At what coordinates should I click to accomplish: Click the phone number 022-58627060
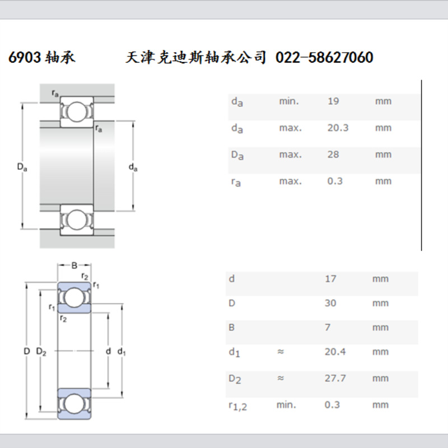coord(324,58)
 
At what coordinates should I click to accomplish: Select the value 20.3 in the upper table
coord(338,128)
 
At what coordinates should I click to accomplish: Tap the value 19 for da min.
coord(333,101)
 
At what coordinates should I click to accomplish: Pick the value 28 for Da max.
coord(333,155)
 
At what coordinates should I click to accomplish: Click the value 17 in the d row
coord(330,279)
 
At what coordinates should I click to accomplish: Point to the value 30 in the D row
coord(330,303)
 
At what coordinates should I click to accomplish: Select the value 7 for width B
coord(328,328)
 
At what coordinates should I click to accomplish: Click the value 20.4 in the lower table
coord(335,352)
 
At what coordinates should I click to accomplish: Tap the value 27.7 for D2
coord(335,379)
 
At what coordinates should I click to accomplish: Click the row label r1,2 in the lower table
coord(238,405)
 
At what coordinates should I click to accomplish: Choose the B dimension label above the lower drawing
coord(74,265)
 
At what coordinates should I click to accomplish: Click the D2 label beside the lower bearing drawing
coord(41,351)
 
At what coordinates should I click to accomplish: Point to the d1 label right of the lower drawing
coord(122,352)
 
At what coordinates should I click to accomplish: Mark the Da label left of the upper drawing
coord(21,166)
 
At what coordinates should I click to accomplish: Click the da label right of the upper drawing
coord(133,167)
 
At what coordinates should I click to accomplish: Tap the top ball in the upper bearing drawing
coord(76,111)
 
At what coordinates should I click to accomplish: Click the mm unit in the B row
coord(380,328)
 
